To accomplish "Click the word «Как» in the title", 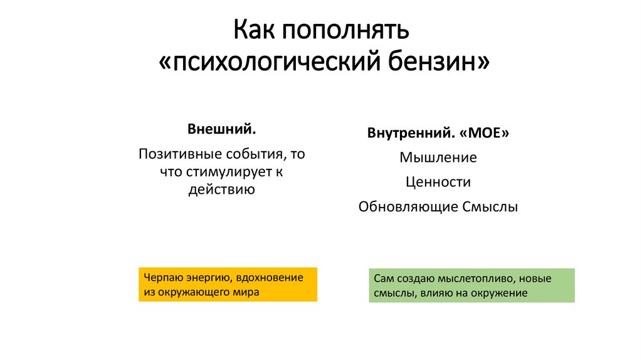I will [x=255, y=29].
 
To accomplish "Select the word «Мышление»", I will [x=438, y=157].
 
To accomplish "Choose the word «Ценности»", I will [x=438, y=182].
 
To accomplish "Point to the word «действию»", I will [x=221, y=189].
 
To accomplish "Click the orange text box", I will [x=228, y=284].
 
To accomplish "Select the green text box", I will [x=471, y=285].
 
